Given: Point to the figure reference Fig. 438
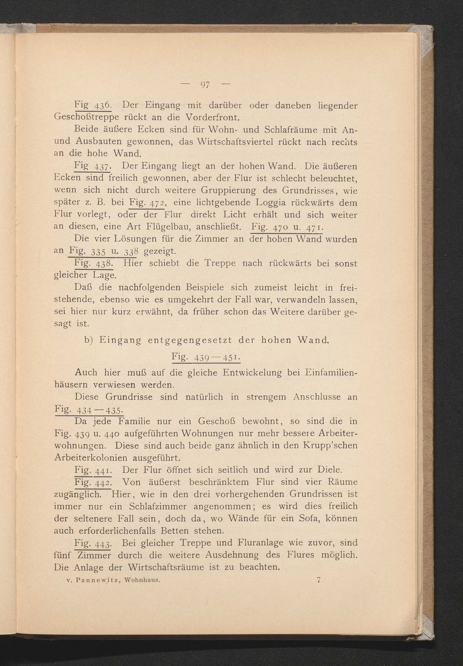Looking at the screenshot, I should point(93,263).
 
